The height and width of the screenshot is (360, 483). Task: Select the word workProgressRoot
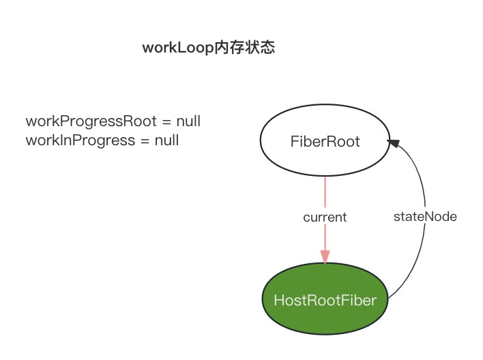pos(91,122)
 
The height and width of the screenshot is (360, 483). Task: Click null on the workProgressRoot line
pos(188,122)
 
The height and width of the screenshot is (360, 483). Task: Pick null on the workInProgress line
pos(166,140)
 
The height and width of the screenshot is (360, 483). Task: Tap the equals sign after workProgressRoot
pos(166,122)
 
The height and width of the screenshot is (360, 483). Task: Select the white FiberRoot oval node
pos(325,142)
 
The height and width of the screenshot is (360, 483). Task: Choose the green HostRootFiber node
pos(325,300)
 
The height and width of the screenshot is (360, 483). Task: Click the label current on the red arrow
pos(325,217)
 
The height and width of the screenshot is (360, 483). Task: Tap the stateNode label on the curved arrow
pos(425,217)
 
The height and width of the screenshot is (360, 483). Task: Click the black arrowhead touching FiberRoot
pos(394,141)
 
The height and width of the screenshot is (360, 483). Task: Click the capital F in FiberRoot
pos(294,142)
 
